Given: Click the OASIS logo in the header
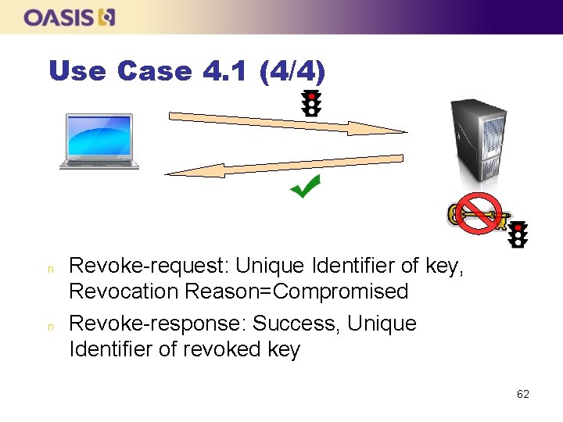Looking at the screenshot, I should tap(70, 17).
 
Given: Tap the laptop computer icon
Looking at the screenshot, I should tap(99, 141).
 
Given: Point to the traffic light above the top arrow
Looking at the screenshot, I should tap(311, 103).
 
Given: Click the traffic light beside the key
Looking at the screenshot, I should tap(518, 234).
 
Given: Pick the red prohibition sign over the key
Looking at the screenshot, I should tap(479, 213).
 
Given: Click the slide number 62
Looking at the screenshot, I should tap(523, 394).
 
